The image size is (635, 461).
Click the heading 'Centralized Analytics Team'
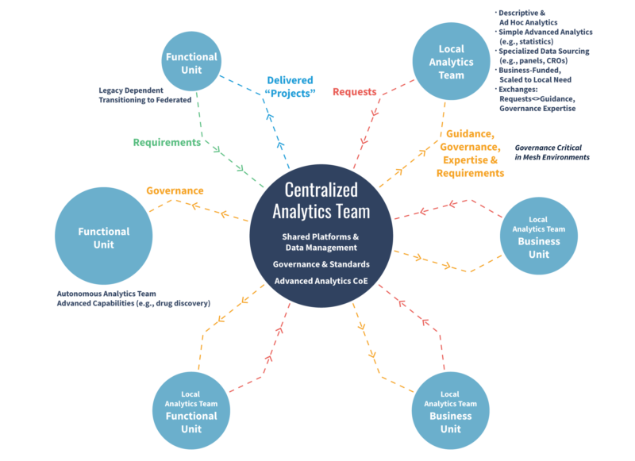click(x=321, y=201)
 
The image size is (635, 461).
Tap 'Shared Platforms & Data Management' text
click(x=321, y=242)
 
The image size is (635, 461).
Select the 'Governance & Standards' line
click(x=321, y=264)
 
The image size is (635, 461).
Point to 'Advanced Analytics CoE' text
click(x=321, y=282)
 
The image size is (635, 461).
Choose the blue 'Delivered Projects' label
click(x=290, y=86)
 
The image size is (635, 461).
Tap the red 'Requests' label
click(x=354, y=92)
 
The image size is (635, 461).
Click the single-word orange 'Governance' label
click(x=175, y=191)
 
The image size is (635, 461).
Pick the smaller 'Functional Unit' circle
click(x=190, y=63)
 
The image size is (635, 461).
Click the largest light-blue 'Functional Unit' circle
click(x=103, y=238)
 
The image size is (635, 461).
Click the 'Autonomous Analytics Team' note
click(x=133, y=298)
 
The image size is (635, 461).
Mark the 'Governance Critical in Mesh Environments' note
click(x=552, y=152)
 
